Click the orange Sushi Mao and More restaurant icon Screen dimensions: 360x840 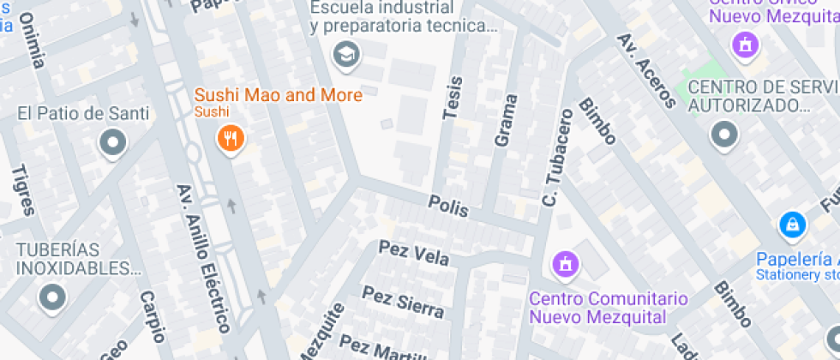pyautogui.click(x=229, y=137)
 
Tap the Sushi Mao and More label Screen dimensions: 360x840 pyautogui.click(x=279, y=95)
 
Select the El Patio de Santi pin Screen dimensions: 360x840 pyautogui.click(x=112, y=143)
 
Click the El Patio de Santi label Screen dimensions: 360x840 pyautogui.click(x=83, y=113)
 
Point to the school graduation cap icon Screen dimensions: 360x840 pyautogui.click(x=347, y=56)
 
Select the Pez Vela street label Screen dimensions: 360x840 pyautogui.click(x=414, y=253)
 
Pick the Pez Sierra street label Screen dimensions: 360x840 pyautogui.click(x=403, y=301)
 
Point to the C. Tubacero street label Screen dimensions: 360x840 pyautogui.click(x=556, y=158)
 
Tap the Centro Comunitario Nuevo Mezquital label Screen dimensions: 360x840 pyautogui.click(x=609, y=308)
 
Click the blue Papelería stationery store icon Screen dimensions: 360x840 pyautogui.click(x=792, y=225)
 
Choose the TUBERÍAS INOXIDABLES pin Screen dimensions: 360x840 pyautogui.click(x=52, y=297)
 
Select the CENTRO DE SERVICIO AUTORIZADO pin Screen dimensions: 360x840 pyautogui.click(x=725, y=134)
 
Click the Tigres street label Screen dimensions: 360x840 pyautogui.click(x=23, y=189)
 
